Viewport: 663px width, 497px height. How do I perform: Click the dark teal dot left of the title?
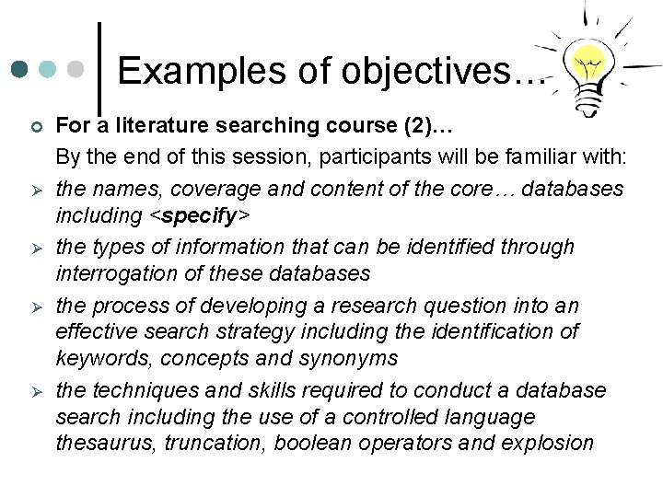pos(19,70)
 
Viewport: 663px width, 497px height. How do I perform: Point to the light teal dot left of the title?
pos(49,70)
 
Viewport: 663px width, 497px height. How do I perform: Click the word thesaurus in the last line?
pos(100,443)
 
